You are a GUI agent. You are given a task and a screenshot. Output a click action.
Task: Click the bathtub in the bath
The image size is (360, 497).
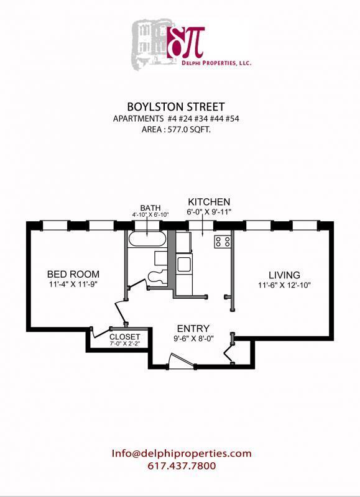pos(147,240)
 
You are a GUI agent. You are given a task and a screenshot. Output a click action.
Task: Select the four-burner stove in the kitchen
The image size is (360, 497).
pos(223,241)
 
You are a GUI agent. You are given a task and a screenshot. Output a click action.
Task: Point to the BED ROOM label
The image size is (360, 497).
pos(73,274)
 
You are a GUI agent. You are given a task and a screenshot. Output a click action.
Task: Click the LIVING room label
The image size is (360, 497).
pos(284,275)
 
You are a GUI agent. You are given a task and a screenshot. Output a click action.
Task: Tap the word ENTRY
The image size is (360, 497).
pos(193,329)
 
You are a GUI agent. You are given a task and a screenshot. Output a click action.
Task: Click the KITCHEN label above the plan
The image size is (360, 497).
pos(210,202)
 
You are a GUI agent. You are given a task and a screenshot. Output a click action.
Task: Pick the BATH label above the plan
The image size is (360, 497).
pos(150,207)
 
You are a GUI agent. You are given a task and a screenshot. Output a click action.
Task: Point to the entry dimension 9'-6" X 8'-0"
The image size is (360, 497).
pos(193,339)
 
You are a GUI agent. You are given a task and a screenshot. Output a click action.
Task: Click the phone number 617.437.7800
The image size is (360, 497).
pos(182,465)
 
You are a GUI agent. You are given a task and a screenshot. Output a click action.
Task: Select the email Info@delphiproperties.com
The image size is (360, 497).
pos(182,454)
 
